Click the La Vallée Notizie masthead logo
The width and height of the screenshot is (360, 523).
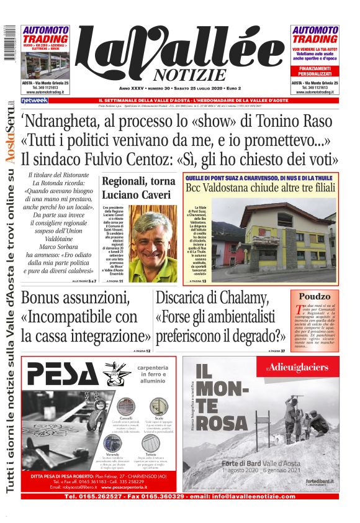(x=180, y=56)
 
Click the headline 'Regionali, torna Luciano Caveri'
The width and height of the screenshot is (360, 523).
(x=135, y=188)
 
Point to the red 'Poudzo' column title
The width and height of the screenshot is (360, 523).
(x=315, y=297)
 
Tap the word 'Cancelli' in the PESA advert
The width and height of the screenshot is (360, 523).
(x=125, y=419)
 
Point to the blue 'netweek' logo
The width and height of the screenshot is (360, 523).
(x=35, y=100)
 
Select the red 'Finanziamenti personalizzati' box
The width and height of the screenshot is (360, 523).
(x=315, y=71)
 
